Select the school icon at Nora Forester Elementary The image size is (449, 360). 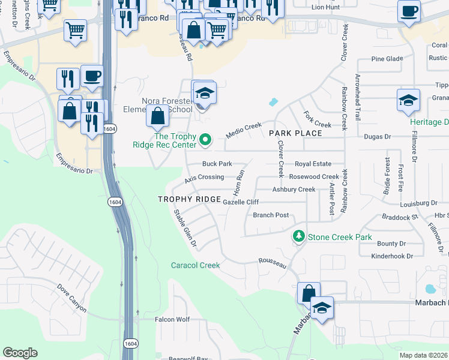(x=205, y=94)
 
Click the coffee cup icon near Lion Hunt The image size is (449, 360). (x=409, y=11)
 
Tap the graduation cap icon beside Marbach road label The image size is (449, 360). (x=322, y=308)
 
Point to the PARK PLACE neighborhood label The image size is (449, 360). (x=292, y=133)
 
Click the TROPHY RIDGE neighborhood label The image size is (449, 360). (x=185, y=199)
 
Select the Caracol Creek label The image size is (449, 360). (x=195, y=265)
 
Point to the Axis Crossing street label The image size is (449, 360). (x=204, y=178)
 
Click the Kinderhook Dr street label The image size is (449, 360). (x=393, y=256)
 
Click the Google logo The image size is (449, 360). (x=20, y=353)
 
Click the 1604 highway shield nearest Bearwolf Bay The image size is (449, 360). (x=131, y=343)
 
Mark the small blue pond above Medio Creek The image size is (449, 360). (x=274, y=102)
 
